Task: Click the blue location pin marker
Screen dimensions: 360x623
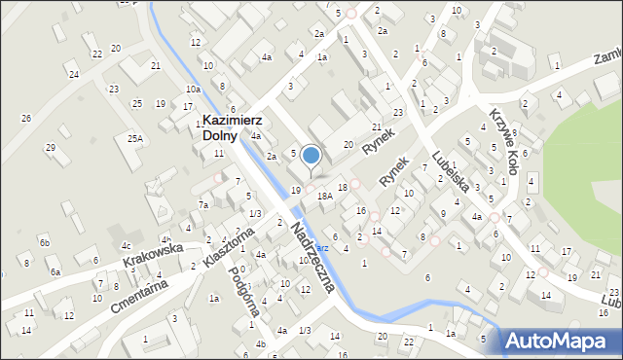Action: coord(311,156)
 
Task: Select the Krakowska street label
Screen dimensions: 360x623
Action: coord(154,255)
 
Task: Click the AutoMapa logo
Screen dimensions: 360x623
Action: coord(561,341)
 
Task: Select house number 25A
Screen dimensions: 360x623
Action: coord(134,139)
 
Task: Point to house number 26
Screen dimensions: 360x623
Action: coord(26,119)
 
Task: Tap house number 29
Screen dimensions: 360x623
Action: coord(51,147)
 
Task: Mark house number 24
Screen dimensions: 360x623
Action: coord(73,74)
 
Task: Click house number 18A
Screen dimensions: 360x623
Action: coord(325,196)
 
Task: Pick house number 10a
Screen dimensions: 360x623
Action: coord(193,90)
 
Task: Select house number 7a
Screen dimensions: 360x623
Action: coord(203,205)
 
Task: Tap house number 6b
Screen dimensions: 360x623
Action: coord(44,241)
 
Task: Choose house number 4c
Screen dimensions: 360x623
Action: coord(126,245)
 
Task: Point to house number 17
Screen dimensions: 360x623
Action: coord(567,252)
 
